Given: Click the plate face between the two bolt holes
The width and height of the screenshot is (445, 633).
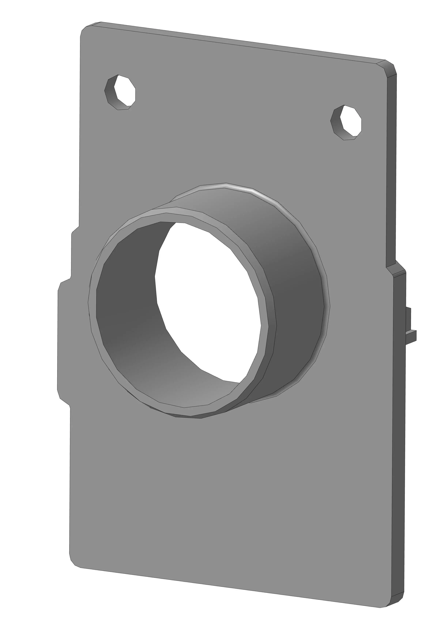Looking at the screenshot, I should tap(234, 110).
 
